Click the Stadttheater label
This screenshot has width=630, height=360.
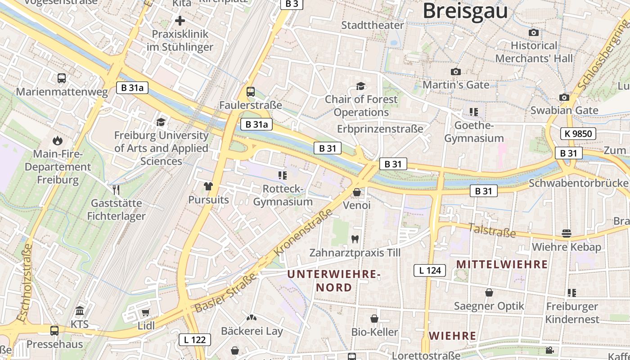coord(373,25)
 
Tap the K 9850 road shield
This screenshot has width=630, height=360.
coord(578,134)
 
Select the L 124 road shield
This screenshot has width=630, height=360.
coord(430,270)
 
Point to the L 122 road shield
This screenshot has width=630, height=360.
coord(195,340)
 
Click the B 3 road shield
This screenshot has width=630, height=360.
coord(292,4)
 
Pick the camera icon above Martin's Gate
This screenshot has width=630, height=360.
coord(455,72)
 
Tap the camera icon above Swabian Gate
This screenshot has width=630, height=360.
coord(564,97)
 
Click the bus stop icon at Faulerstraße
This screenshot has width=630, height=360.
coord(251,92)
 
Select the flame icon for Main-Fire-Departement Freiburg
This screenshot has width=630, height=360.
coord(58,140)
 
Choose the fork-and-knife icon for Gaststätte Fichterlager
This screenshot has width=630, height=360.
coord(116,190)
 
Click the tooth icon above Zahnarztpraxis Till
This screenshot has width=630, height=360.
coord(355,239)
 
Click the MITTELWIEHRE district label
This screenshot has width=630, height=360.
coord(502,264)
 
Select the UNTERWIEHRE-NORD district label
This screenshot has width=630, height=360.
coord(334,280)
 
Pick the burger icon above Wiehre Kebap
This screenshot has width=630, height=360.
coord(567,234)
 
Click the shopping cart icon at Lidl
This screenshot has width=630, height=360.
coord(145,312)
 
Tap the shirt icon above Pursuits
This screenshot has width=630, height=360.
coord(208,186)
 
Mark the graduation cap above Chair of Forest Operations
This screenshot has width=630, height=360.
coord(360,86)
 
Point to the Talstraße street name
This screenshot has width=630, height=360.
coord(492,230)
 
